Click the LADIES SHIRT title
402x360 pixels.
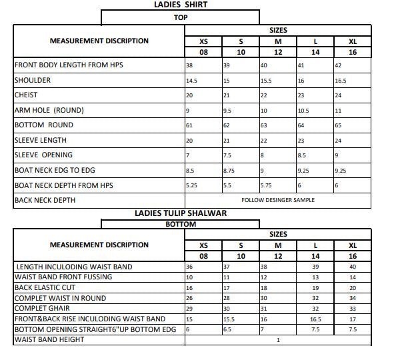(x=180, y=5)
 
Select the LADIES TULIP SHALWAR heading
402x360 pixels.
(x=180, y=213)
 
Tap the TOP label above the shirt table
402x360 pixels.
(x=180, y=17)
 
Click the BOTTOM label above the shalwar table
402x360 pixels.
(x=180, y=224)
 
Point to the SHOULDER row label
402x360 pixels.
(x=32, y=80)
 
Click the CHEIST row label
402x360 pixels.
(x=27, y=95)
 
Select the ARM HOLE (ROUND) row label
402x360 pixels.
(x=49, y=110)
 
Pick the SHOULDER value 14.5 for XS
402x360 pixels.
(x=191, y=81)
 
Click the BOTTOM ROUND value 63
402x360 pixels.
(x=263, y=125)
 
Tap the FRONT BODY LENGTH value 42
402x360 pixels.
(x=338, y=65)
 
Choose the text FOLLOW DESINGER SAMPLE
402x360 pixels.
(x=278, y=200)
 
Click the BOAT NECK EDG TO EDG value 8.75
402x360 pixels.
(x=229, y=171)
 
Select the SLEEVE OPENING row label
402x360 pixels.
(x=43, y=155)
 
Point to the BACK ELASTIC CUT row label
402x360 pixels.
(x=41, y=288)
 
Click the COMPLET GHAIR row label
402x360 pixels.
(x=41, y=309)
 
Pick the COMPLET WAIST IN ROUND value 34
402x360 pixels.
(x=353, y=298)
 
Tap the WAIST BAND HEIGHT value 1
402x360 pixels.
(x=278, y=340)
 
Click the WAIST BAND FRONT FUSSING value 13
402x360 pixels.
(x=315, y=277)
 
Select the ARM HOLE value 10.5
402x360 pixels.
(x=303, y=111)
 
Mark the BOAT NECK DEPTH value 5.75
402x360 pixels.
(x=266, y=185)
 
